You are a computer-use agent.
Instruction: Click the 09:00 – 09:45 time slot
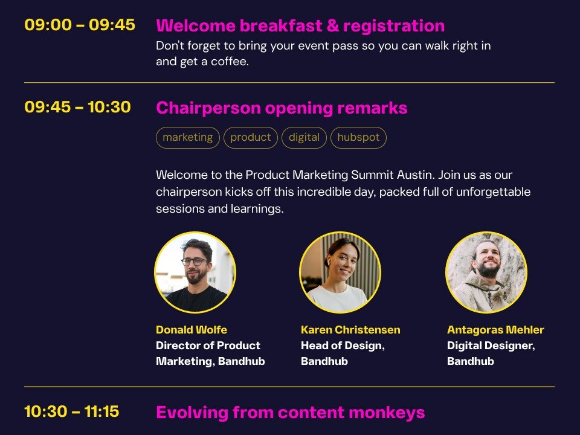80,25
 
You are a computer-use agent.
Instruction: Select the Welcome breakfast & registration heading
300,25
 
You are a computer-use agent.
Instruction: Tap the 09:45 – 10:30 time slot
78,107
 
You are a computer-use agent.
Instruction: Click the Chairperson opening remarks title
282,108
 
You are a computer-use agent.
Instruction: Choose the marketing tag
188,138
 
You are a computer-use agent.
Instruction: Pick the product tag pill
251,138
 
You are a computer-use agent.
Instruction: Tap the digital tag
304,138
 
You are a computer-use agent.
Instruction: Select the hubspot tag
358,138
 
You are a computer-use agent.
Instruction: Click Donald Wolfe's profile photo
195,272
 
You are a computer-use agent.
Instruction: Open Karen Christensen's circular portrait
340,272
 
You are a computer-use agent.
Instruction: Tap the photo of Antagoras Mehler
486,272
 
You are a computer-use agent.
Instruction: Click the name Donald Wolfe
192,330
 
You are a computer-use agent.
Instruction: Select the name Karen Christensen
350,330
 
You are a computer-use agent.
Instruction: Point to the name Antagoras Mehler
495,330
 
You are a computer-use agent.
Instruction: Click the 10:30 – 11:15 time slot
72,411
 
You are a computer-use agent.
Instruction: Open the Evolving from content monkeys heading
291,413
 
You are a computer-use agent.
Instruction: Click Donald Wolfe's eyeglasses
195,262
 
